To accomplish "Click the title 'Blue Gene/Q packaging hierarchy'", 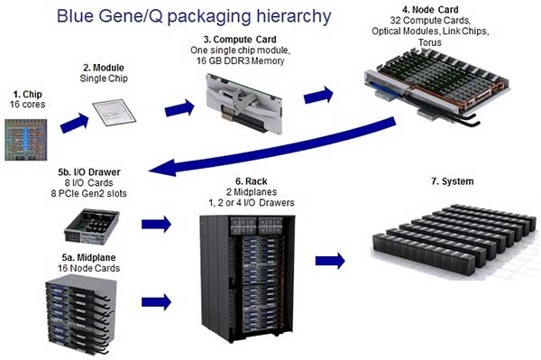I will (194, 15).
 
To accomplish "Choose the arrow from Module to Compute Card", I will (179, 108).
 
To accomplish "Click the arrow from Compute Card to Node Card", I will (319, 93).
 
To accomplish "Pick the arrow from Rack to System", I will (330, 260).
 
